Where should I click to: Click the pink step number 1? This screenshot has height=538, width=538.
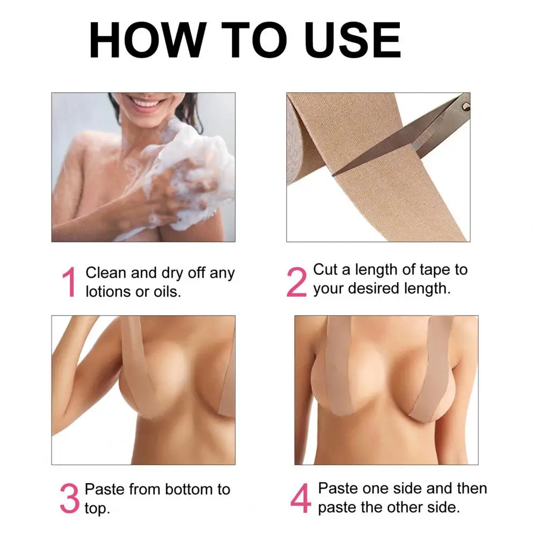coord(69,283)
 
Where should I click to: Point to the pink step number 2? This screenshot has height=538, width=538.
coord(296,281)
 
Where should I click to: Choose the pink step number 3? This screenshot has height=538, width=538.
coord(69,499)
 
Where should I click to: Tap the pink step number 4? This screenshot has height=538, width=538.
coord(301,498)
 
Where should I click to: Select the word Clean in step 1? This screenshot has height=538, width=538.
coord(106,273)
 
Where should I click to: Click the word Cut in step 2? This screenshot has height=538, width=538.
coord(325,269)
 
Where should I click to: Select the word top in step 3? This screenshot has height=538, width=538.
coord(97,508)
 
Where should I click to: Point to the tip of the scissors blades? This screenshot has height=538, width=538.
coord(334,174)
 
